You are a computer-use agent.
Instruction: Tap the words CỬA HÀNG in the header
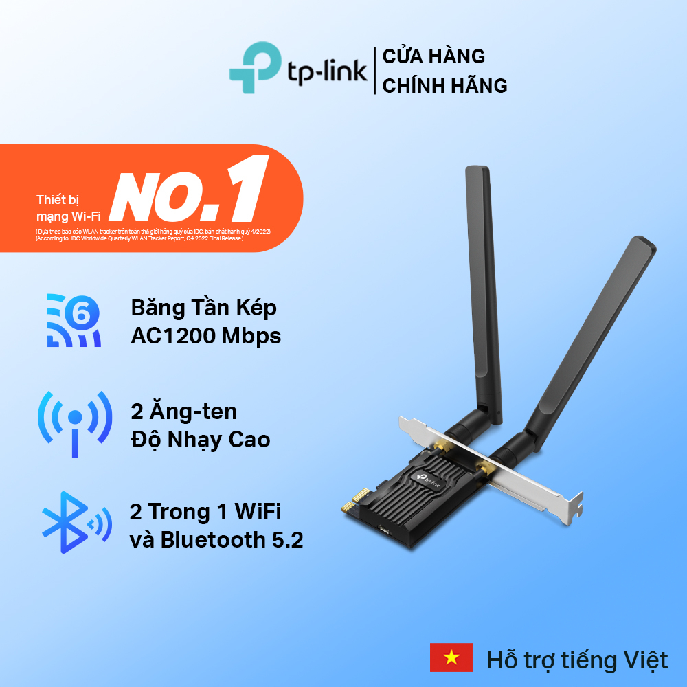(433, 55)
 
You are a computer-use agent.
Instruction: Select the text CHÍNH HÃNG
(444, 86)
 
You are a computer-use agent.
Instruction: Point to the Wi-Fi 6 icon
(74, 319)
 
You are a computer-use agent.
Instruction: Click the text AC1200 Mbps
(206, 337)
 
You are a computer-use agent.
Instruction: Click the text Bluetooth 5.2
(232, 540)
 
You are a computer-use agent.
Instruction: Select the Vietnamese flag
(451, 657)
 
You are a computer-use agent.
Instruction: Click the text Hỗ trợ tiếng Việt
(577, 660)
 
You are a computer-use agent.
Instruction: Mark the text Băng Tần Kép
(204, 307)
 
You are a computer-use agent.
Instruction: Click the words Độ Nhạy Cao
(201, 439)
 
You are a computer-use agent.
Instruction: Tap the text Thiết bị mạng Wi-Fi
(69, 207)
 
